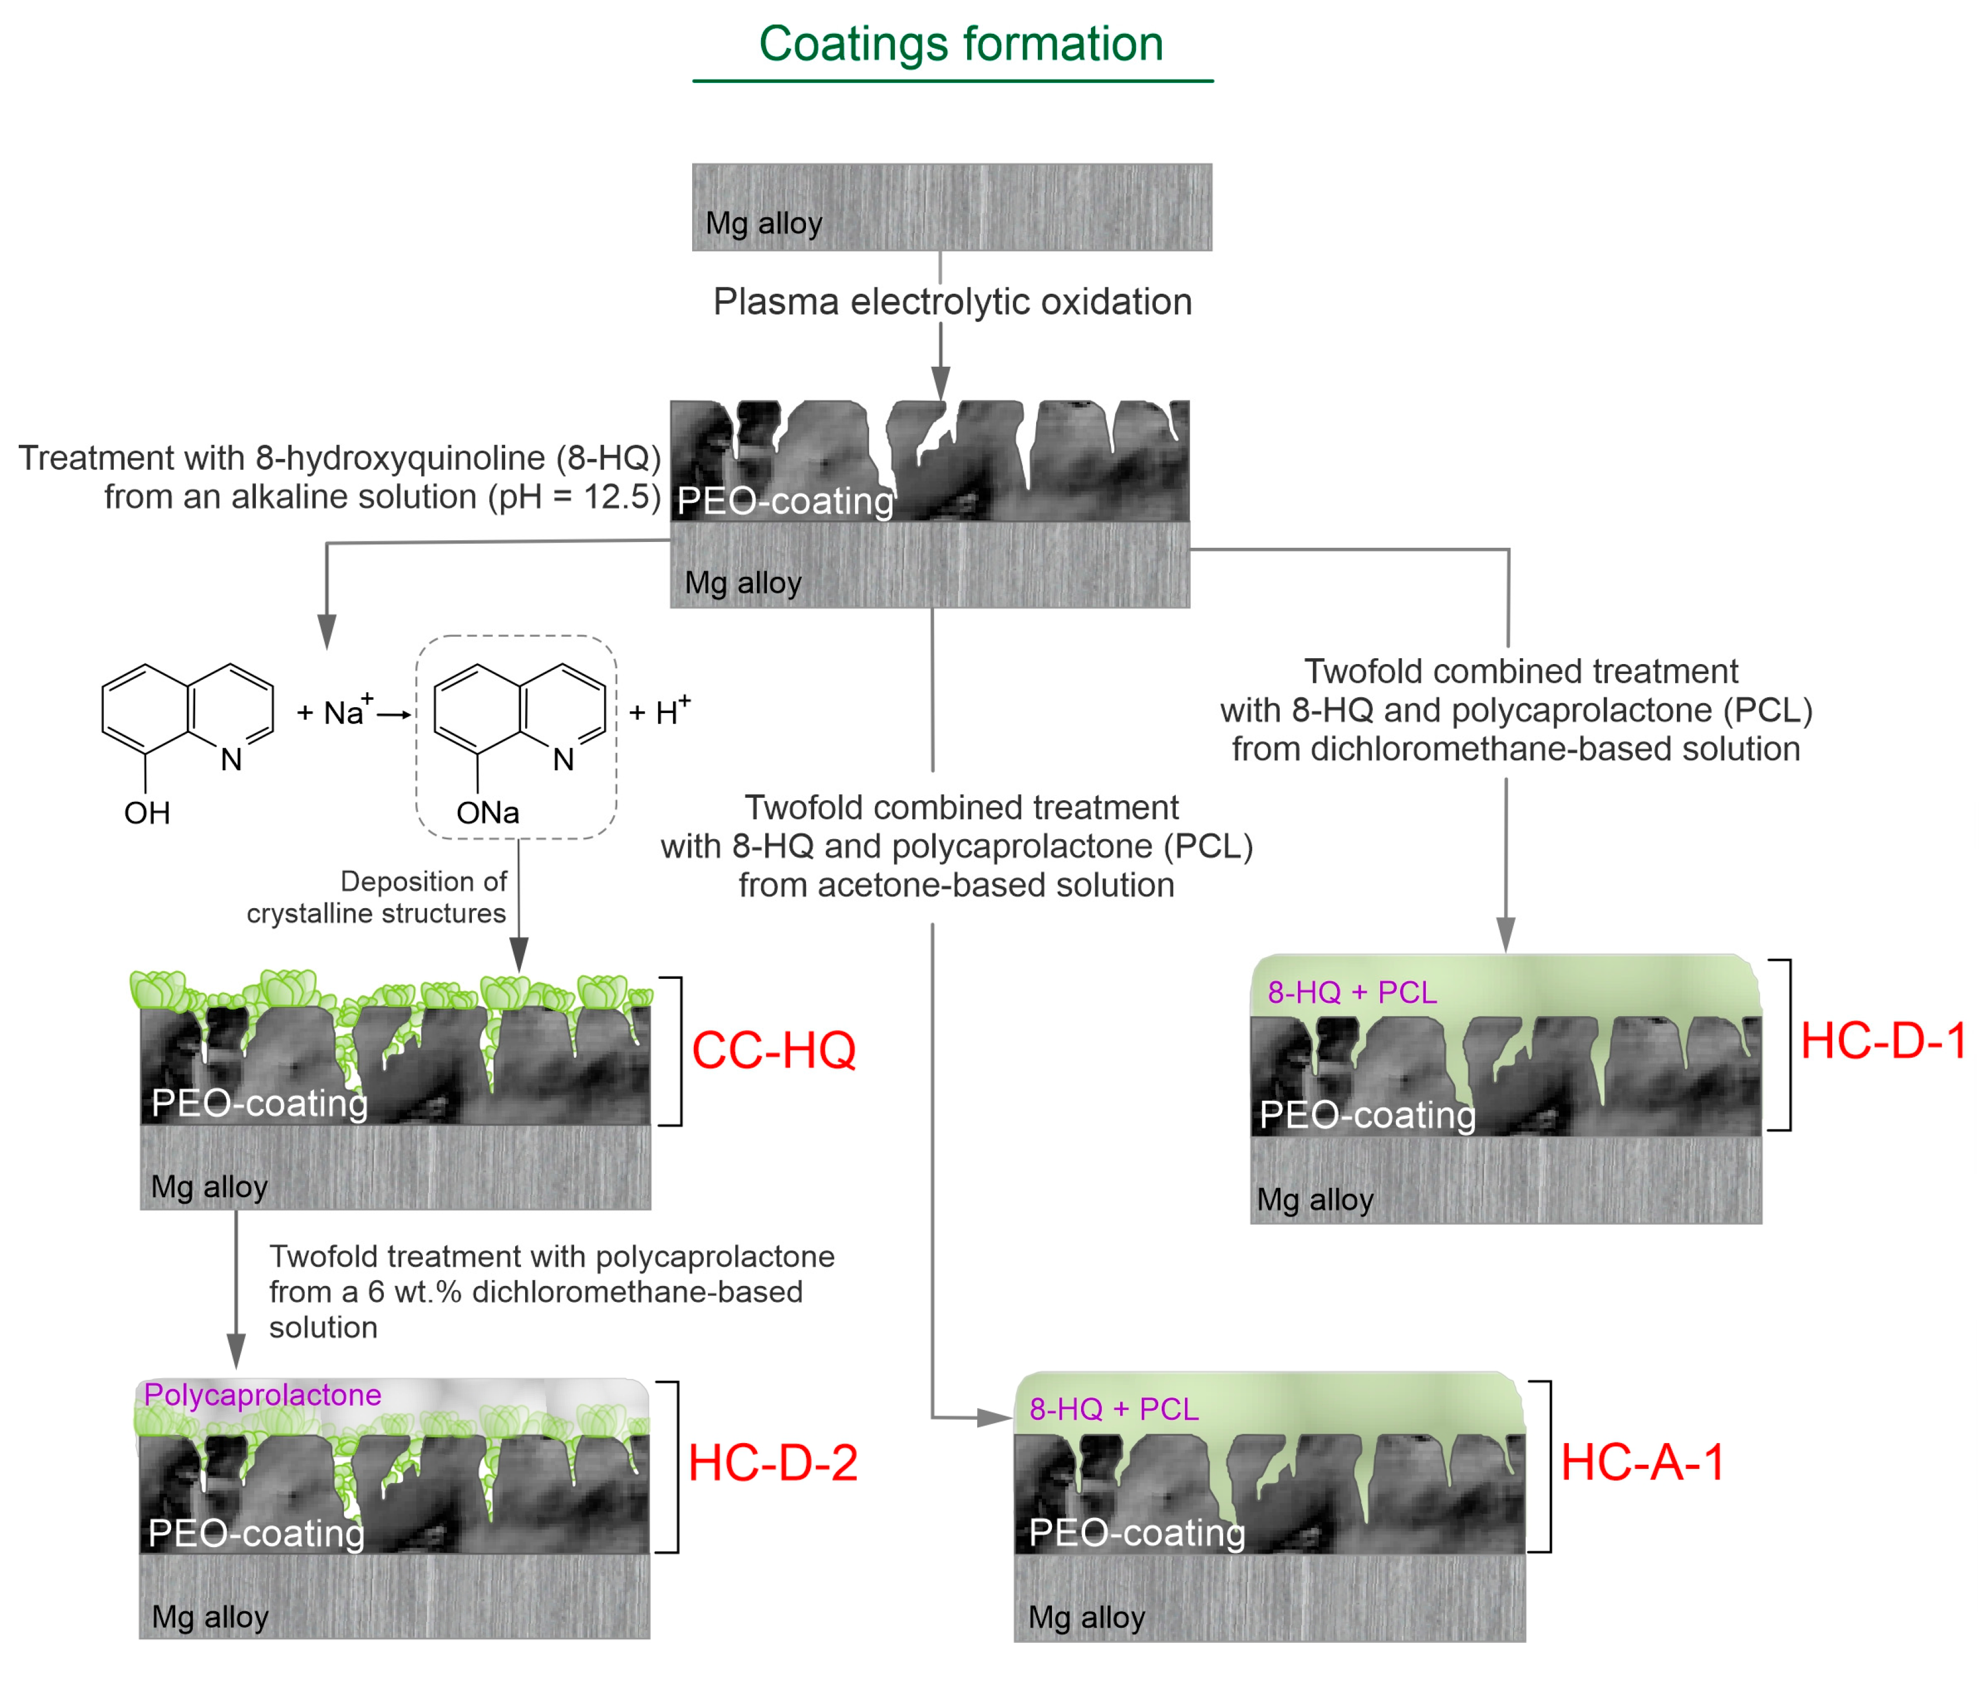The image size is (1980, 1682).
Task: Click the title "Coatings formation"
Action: pos(960,44)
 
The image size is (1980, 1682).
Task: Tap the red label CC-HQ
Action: pos(773,1050)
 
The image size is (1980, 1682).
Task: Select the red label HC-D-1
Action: pos(1882,1040)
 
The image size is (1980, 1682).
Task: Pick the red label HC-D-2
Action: pos(773,1462)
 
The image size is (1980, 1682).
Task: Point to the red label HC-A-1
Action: pos(1642,1462)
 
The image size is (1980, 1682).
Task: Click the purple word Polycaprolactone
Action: pos(262,1395)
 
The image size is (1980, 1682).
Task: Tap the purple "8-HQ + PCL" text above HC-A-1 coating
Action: pos(1113,1409)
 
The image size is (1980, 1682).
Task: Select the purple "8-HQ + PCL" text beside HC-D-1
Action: pos(1352,993)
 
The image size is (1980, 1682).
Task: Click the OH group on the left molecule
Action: pos(147,814)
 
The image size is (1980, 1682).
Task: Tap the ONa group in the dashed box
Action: pos(487,814)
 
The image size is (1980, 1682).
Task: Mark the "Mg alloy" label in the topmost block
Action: pos(763,223)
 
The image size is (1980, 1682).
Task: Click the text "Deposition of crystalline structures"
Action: pos(377,896)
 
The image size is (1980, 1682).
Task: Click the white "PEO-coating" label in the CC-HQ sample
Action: pos(259,1103)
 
